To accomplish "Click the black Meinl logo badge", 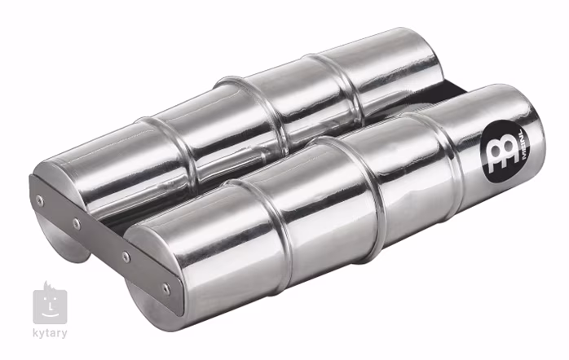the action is click(x=505, y=152).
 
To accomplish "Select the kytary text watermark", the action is click(x=50, y=333).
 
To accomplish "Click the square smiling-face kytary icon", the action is click(x=50, y=306).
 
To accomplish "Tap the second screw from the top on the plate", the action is click(x=76, y=224).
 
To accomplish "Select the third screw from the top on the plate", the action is click(x=126, y=257).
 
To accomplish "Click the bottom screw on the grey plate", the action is click(x=166, y=289).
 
